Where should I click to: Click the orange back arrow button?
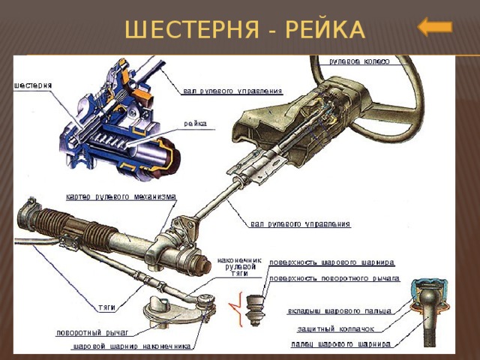[435, 28]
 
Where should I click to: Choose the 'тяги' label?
[106, 307]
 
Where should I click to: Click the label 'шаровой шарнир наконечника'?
[132, 347]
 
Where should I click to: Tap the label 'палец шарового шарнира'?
[341, 344]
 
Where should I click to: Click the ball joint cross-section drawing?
[430, 304]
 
